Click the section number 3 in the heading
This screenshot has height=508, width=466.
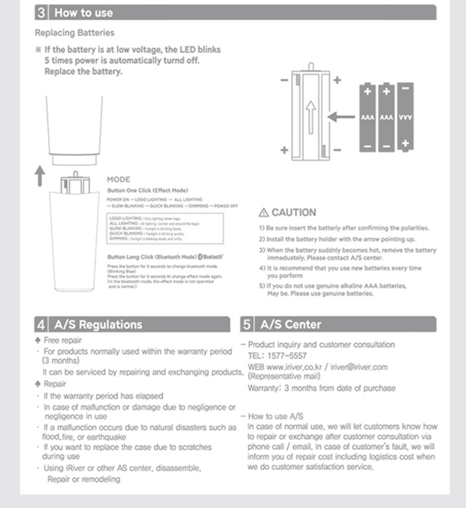tap(41, 13)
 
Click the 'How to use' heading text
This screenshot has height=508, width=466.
tap(84, 13)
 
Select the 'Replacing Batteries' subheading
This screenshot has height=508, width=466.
tap(75, 33)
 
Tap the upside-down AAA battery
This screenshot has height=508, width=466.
tap(405, 117)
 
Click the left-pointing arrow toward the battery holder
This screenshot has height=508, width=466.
tap(341, 117)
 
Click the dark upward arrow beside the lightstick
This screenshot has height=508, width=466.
tap(40, 176)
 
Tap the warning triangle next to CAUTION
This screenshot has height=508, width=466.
tap(263, 213)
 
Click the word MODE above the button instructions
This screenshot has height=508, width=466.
tap(119, 180)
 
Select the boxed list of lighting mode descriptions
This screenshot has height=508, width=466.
tap(165, 227)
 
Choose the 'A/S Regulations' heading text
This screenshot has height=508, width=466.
tap(98, 325)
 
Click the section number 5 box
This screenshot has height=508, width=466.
tap(247, 325)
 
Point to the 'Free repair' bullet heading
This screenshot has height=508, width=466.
tap(62, 340)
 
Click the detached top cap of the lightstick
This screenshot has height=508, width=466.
tap(75, 130)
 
